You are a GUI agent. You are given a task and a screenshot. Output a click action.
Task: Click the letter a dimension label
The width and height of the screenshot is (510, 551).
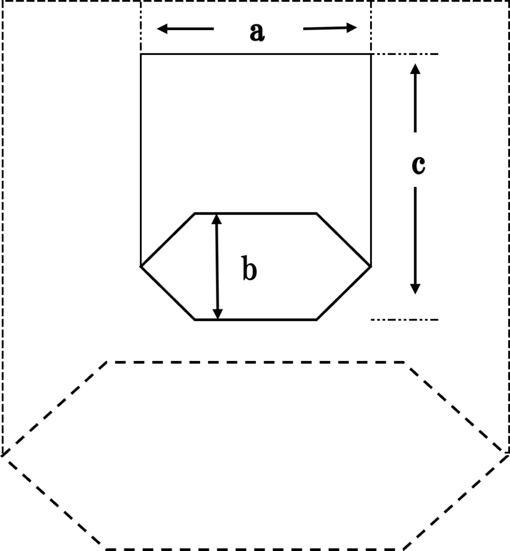coord(257,33)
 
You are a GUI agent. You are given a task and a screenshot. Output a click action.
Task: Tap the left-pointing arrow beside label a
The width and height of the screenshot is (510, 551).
coord(185,29)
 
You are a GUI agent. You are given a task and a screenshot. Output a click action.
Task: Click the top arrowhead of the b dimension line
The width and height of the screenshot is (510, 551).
coord(216,218)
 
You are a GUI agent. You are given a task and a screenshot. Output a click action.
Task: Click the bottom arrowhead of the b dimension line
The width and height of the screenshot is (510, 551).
coord(217,315)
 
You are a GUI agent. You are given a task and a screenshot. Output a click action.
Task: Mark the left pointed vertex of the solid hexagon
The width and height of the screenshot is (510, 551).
coord(141,266)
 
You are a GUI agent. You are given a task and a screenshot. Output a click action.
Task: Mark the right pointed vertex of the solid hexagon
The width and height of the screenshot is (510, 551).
coord(371,266)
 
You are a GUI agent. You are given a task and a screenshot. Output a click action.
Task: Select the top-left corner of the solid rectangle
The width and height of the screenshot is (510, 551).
coord(141,54)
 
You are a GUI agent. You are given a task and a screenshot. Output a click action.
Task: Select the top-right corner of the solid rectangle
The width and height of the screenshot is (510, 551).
coord(371,54)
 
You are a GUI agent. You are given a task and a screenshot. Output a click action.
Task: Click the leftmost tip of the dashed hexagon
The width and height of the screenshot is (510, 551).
coord(3,455)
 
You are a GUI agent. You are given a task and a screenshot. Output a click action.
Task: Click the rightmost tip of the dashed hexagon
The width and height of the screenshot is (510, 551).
coord(508,453)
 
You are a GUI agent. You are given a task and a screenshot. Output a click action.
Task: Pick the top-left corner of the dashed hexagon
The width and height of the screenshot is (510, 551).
coord(108,362)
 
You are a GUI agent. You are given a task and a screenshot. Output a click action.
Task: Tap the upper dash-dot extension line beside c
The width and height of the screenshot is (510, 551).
coord(406,54)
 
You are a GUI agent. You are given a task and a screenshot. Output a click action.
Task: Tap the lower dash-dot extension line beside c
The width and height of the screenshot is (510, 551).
coord(406,320)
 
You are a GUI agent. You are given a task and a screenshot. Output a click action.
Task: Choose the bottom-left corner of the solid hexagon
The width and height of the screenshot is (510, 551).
coord(195,320)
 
